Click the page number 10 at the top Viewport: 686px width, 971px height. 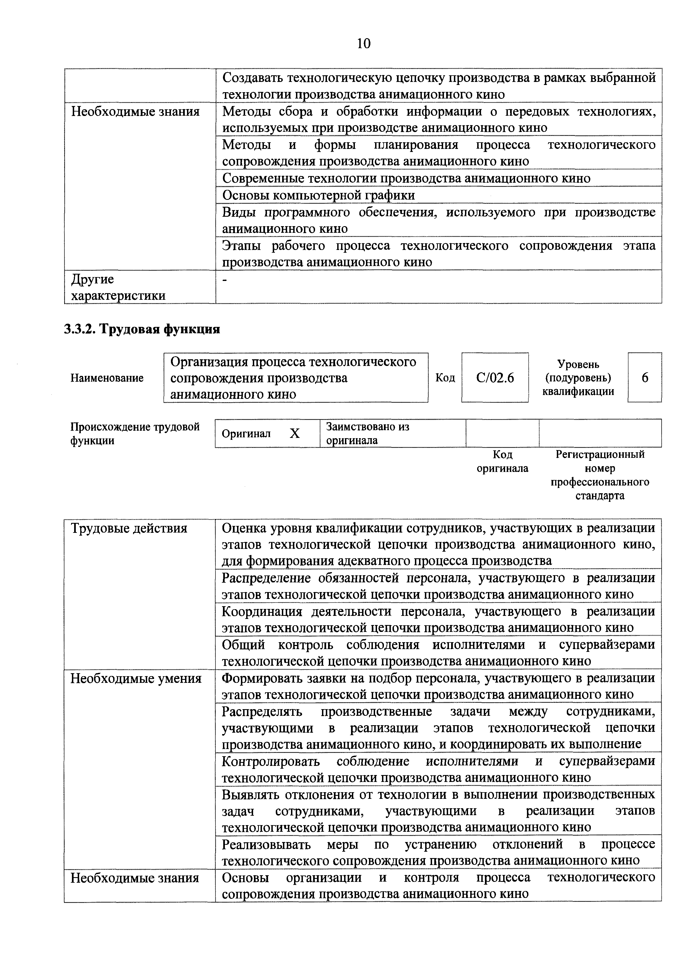click(363, 43)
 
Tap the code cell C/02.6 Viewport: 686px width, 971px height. click(495, 378)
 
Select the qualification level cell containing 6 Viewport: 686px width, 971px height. click(645, 378)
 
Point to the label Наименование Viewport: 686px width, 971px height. click(107, 378)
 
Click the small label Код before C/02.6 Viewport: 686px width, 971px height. click(445, 378)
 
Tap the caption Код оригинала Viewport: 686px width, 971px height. click(503, 461)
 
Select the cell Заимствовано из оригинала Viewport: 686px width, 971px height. click(368, 433)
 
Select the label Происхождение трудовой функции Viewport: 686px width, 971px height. click(135, 433)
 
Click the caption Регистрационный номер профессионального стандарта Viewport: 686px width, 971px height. click(600, 475)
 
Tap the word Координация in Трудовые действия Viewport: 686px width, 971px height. click(262, 611)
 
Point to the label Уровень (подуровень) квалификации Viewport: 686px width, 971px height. click(578, 378)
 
